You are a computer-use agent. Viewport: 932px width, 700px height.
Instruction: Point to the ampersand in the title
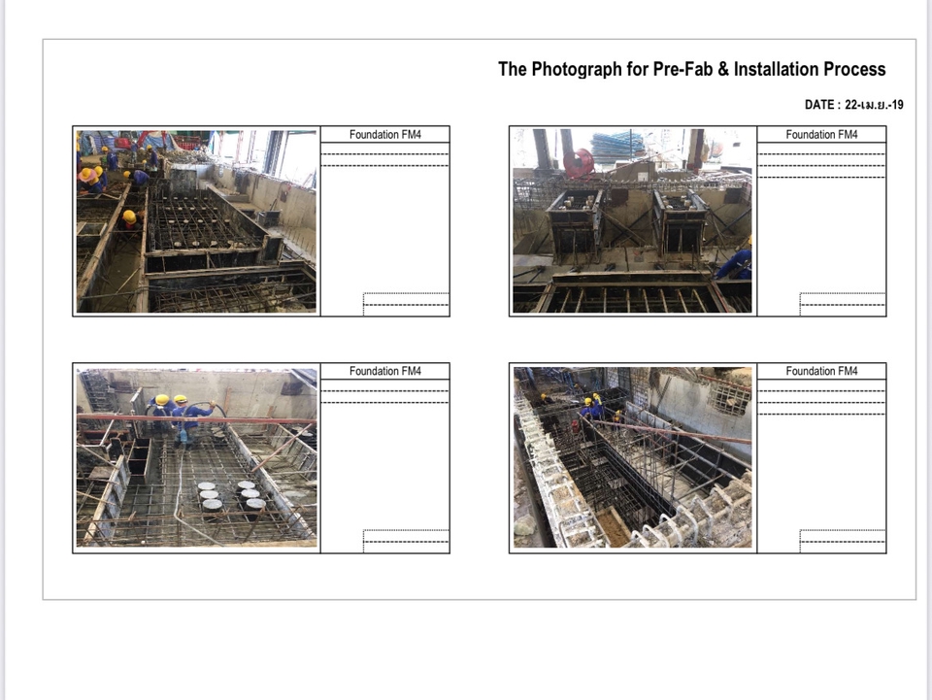coord(722,69)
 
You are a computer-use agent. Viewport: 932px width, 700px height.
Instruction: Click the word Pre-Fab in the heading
coord(682,69)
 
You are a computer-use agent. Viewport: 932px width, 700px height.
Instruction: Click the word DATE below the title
coord(819,105)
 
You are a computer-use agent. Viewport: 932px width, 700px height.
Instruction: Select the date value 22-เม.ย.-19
coord(874,105)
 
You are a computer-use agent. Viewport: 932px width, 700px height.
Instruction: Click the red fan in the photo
coord(578,163)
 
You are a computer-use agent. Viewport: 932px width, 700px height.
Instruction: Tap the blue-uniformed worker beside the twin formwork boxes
coord(736,260)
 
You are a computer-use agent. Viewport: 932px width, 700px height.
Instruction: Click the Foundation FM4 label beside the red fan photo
coord(821,135)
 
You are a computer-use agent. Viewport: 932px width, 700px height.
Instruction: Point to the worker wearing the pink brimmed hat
coord(90,180)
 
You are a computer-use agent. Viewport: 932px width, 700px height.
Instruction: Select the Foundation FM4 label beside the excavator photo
coord(385,135)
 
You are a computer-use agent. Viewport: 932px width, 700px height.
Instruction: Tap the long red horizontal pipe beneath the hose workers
coord(197,420)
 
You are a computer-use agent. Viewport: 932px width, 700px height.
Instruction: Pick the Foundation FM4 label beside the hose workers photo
coord(385,372)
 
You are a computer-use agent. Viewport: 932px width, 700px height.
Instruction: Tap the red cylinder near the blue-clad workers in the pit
coord(574,426)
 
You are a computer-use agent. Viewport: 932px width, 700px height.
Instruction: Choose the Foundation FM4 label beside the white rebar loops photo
coord(821,372)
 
